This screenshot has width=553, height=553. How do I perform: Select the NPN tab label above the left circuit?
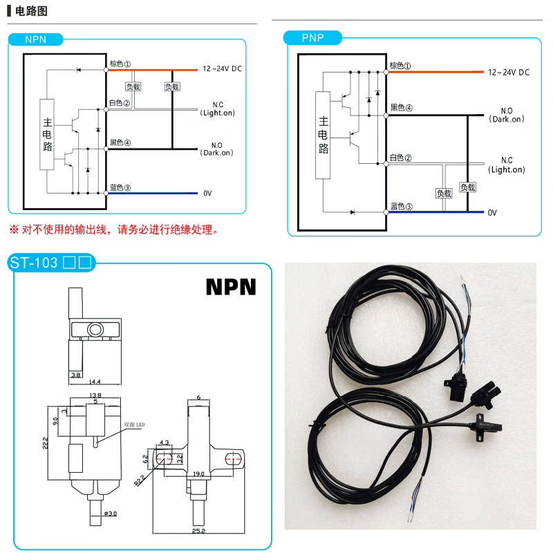(x=35, y=39)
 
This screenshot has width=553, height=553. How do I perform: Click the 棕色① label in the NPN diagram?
(x=120, y=64)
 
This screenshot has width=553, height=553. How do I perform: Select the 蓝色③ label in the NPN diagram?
(x=120, y=187)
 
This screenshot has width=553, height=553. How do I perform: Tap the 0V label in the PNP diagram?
(x=492, y=213)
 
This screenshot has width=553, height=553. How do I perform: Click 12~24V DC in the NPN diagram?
(x=222, y=69)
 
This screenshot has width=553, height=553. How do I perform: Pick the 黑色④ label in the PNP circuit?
(x=402, y=108)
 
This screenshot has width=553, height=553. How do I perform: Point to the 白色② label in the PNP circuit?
(x=401, y=158)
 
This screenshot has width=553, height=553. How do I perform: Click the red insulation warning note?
(x=113, y=229)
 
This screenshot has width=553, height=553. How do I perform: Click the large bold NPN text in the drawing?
(x=231, y=287)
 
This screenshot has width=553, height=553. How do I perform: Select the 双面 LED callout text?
(x=134, y=424)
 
